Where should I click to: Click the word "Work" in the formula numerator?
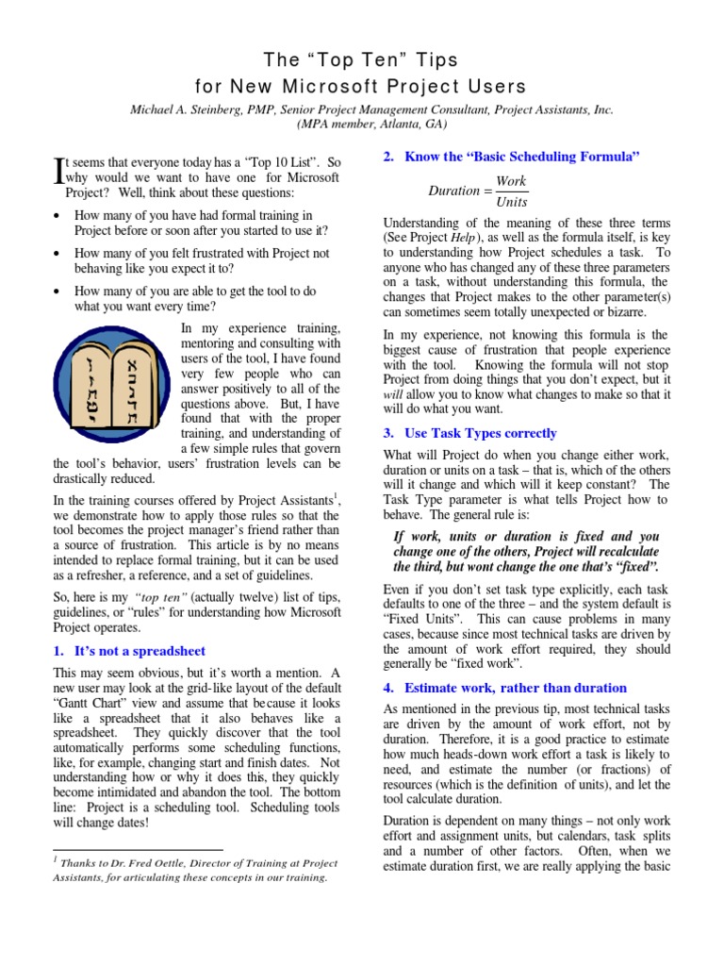511,180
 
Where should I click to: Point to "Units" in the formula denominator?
511,202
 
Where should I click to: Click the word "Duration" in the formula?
453,191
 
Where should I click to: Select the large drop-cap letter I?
58,170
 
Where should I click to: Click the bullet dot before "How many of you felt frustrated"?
58,254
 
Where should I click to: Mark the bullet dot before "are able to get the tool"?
58,291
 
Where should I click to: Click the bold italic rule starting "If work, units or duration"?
525,551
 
